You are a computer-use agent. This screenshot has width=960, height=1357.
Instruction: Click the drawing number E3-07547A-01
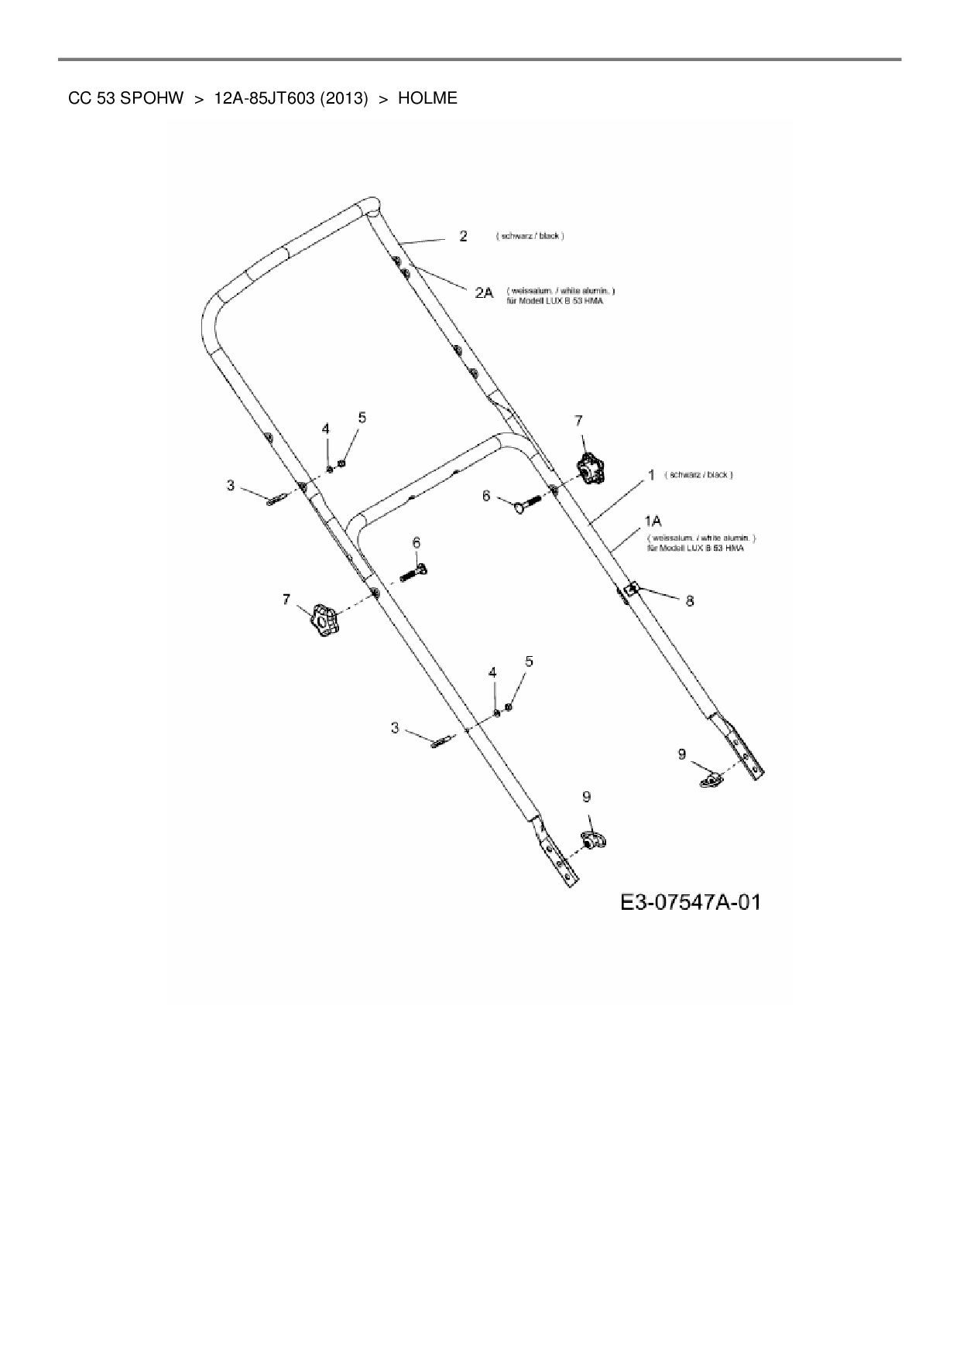(690, 902)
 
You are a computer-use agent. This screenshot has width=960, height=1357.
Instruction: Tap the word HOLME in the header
(427, 98)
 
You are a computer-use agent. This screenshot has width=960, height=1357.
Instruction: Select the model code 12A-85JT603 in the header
(263, 98)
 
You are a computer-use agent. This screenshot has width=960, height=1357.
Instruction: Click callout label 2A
(484, 292)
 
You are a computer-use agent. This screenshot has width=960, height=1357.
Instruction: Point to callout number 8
(689, 600)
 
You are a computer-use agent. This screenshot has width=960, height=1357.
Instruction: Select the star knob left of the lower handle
(324, 620)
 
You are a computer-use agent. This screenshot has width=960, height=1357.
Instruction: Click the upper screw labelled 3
(277, 498)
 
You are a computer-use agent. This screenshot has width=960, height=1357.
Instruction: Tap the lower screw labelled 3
(444, 742)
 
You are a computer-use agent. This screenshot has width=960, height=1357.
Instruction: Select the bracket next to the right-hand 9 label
(710, 779)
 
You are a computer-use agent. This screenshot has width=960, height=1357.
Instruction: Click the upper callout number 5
(362, 418)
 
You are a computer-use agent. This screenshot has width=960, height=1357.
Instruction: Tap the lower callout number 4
(492, 673)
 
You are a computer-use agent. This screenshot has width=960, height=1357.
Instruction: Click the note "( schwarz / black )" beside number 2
(530, 235)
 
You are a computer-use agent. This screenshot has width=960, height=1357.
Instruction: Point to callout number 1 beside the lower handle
(651, 474)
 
